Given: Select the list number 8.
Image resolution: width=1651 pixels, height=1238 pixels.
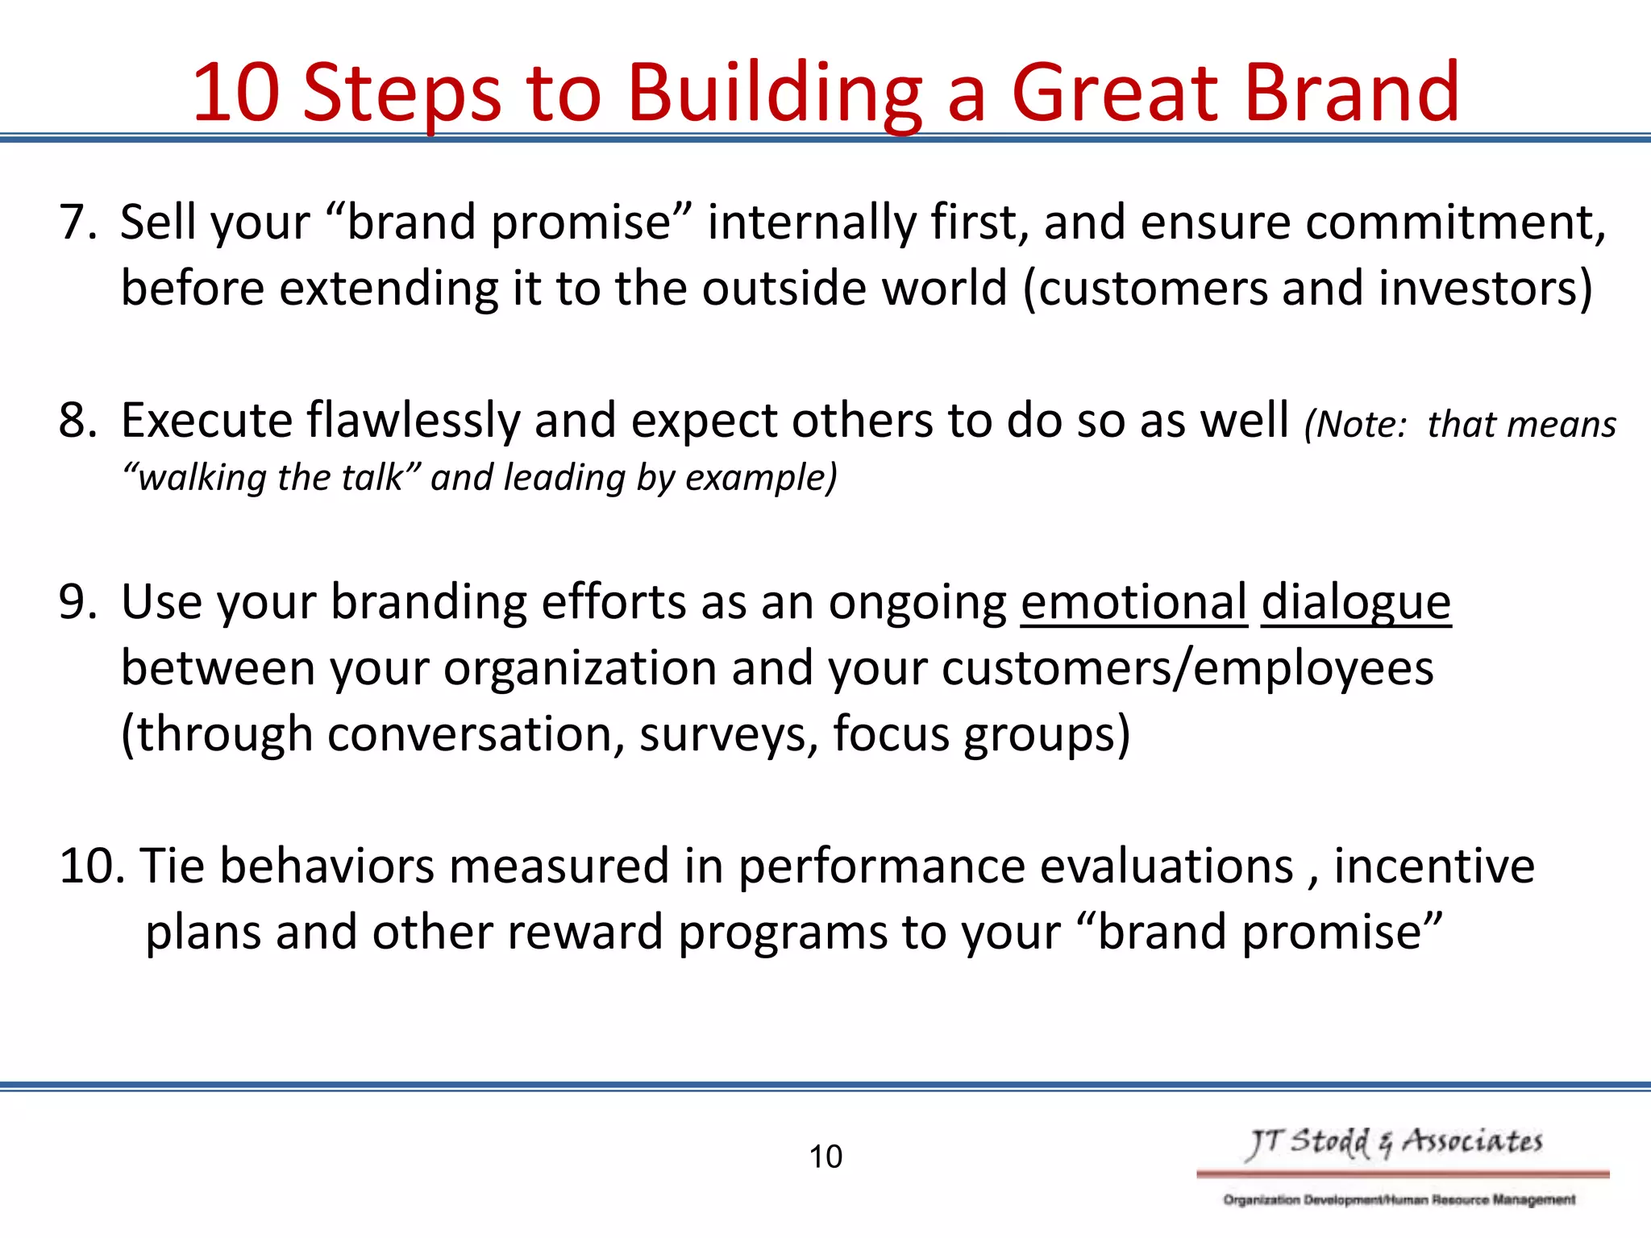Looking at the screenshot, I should (77, 420).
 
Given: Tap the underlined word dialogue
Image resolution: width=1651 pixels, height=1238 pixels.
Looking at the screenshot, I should (1355, 603).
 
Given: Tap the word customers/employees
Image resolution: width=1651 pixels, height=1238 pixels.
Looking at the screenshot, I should (1187, 668).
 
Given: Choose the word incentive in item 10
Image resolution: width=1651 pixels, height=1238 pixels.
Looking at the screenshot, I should (1433, 866).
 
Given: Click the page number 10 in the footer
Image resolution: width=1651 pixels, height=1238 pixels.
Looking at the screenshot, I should (825, 1157).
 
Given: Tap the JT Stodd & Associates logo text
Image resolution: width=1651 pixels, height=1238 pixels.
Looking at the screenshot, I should (1394, 1142).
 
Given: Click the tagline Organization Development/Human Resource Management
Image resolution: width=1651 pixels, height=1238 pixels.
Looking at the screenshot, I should (1399, 1199).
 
